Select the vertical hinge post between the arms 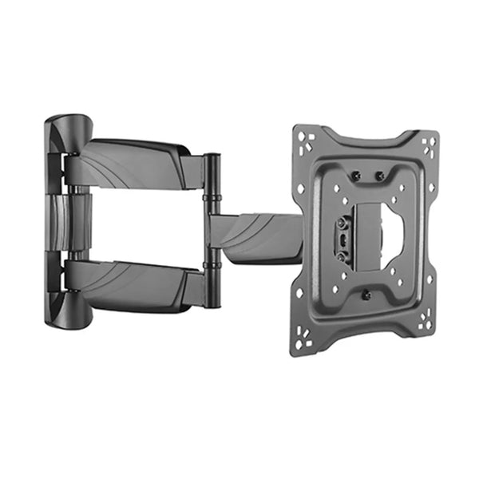[212, 232]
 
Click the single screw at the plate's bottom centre [366, 295]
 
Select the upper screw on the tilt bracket [343, 221]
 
